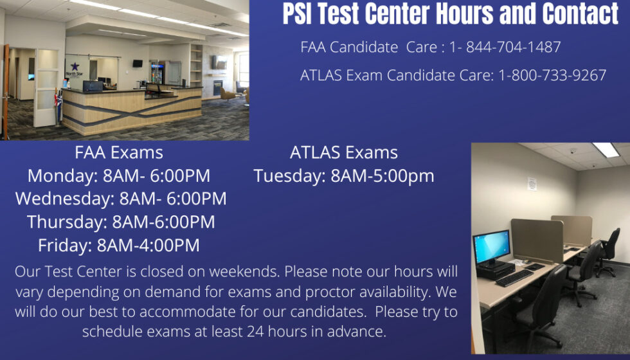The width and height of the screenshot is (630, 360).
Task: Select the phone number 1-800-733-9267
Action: tap(552, 75)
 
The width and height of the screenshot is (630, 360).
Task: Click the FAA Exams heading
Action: tap(119, 153)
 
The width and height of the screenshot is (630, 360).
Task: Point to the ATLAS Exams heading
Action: tap(344, 153)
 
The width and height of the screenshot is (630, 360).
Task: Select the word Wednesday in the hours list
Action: tap(64, 199)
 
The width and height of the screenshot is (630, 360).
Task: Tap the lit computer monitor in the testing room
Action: tap(491, 244)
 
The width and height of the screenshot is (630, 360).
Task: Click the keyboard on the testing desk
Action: tap(514, 278)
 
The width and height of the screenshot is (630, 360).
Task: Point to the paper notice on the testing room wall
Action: tap(532, 183)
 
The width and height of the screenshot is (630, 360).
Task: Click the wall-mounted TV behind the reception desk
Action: tap(138, 63)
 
